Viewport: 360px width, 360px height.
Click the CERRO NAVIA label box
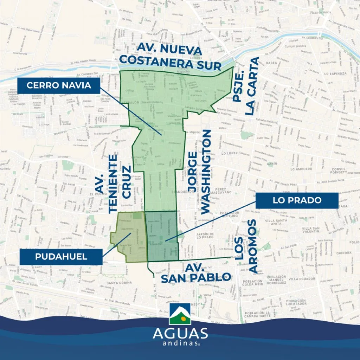tap(59, 85)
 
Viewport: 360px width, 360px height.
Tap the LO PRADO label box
tap(297, 200)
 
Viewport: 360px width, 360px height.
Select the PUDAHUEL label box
tap(61, 257)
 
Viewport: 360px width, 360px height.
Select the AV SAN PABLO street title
tap(195, 272)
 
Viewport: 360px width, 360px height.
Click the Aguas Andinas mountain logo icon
tap(180, 314)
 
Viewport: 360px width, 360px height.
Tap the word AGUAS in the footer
tap(180, 333)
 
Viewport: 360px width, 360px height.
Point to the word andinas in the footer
tap(180, 344)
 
